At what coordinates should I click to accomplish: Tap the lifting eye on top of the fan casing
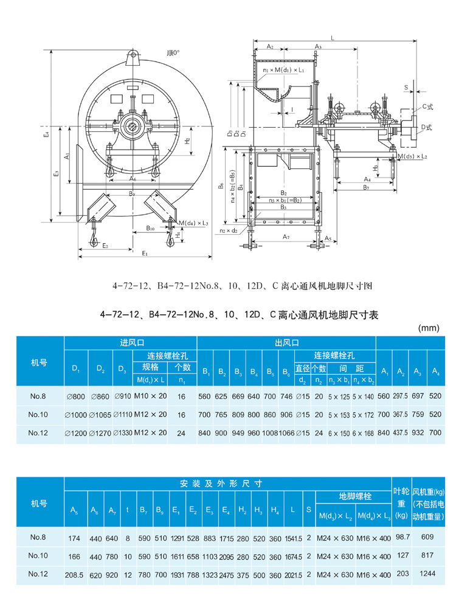[x=132, y=60]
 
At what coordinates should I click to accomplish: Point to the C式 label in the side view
[x=427, y=106]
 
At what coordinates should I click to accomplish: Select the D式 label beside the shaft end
[x=426, y=126]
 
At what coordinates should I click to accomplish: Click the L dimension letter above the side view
[x=332, y=38]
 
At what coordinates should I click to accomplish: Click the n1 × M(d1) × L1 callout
[x=284, y=71]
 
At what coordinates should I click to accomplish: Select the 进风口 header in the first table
[x=131, y=343]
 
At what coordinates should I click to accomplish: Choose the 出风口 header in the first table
[x=286, y=343]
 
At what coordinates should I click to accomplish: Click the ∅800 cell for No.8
[x=77, y=396]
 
